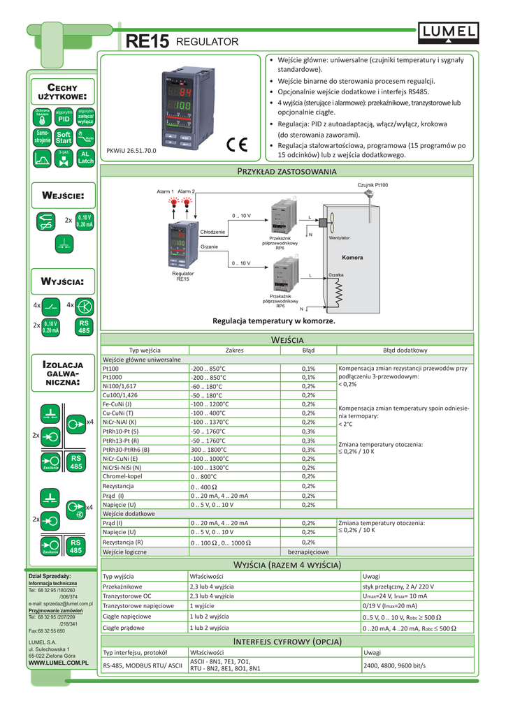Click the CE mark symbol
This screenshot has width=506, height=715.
tap(236, 145)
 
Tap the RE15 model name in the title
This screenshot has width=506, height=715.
tap(147, 43)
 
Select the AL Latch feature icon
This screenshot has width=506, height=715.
tap(85, 157)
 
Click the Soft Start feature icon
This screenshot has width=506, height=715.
tap(64, 138)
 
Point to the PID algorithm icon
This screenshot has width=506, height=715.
tap(64, 117)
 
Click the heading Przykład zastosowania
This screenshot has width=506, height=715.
tap(288, 171)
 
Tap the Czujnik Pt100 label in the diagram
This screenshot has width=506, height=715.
tap(373, 184)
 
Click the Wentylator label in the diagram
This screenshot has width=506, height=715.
tap(340, 238)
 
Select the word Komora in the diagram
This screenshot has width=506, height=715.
tap(352, 258)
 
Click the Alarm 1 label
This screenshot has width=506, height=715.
tap(165, 191)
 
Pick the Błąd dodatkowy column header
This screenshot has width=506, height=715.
tap(405, 350)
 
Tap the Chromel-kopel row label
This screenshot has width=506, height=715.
tap(122, 477)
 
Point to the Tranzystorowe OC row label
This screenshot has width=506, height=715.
tap(127, 596)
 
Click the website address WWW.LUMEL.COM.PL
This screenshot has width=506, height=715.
tap(57, 661)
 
